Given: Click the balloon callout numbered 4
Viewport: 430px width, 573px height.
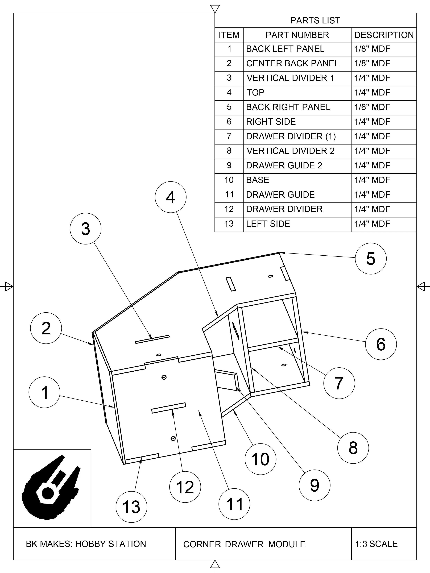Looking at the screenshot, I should pos(170,197).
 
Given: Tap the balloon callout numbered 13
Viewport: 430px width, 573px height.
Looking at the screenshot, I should pos(131,507).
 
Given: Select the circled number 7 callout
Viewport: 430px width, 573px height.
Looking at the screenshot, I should pos(339,383).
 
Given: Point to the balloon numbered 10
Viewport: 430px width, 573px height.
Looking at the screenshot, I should pos(260,459).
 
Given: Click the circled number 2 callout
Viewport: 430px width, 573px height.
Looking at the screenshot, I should pos(46,328).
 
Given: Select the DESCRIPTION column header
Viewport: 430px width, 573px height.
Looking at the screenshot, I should pos(384,35).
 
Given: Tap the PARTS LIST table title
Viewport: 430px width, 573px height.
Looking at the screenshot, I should pos(315,20).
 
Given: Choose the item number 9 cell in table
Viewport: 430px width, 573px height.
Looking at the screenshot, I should pos(229,165).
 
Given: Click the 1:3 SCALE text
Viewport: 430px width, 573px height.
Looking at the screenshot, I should pos(376,544).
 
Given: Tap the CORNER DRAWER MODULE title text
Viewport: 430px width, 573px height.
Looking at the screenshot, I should pos(244,544).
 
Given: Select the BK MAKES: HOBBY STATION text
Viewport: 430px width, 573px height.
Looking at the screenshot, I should pos(86,544).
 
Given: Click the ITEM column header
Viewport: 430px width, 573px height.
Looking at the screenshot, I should pos(229,35).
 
